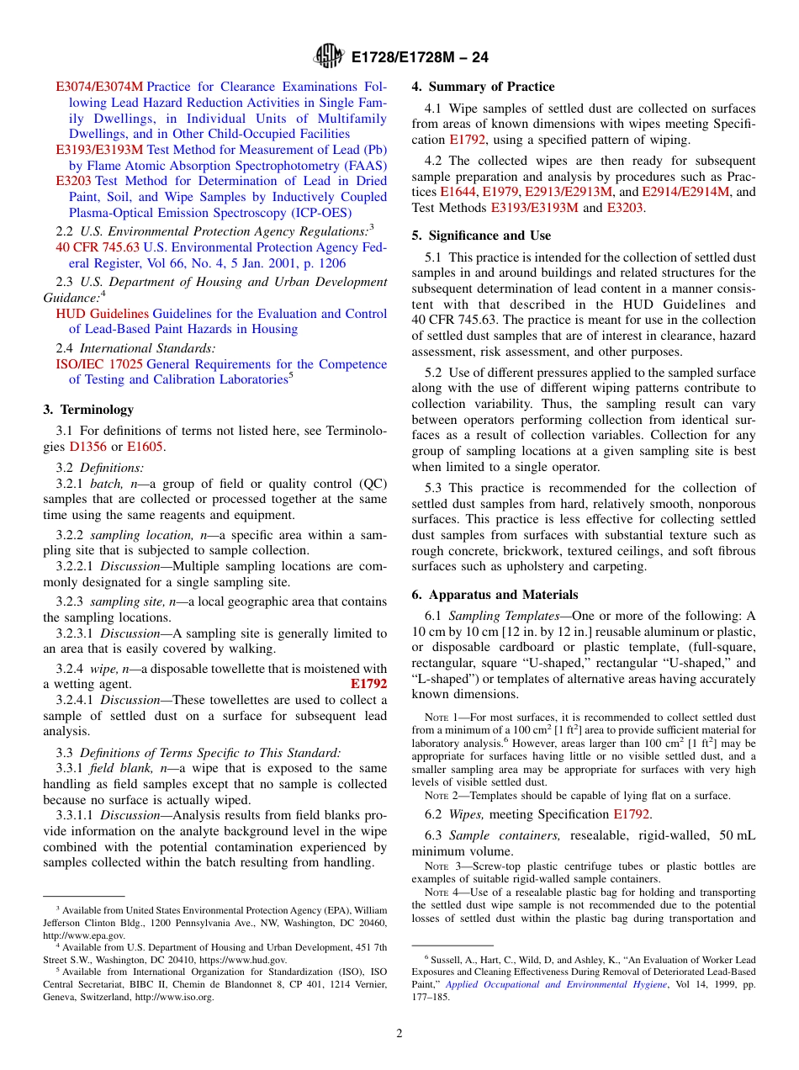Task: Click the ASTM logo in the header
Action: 328,56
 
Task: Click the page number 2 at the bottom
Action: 399,1034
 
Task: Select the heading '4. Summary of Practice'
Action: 483,87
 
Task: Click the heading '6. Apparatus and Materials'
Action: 495,594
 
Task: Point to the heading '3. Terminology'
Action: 87,410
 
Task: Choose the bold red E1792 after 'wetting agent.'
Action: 368,684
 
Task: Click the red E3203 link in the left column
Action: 73,181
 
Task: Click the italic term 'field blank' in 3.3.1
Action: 114,768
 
